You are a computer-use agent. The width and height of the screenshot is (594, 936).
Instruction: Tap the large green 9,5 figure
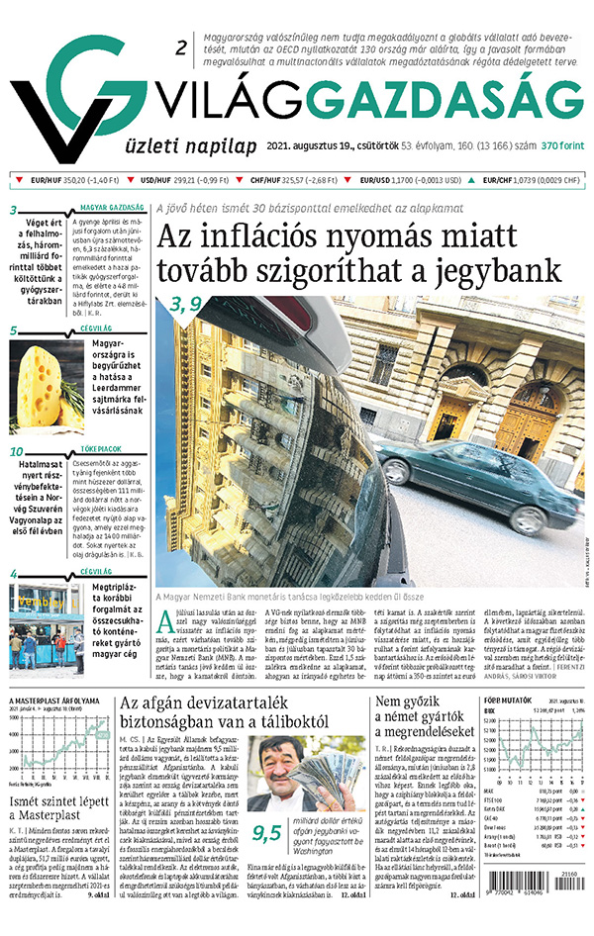click(267, 804)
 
